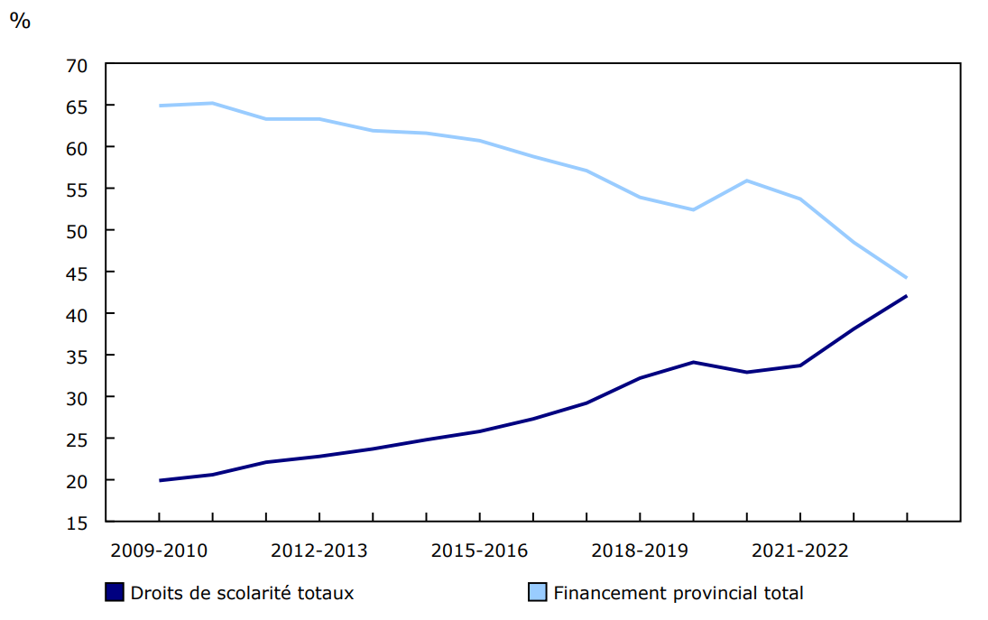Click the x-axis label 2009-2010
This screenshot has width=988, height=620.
159,551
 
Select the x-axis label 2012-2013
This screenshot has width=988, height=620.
319,551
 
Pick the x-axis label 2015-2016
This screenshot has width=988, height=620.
479,551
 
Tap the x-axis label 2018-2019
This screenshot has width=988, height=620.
640,551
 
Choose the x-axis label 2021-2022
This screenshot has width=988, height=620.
799,551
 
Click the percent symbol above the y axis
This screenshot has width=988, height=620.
20,21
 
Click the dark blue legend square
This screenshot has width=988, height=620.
115,593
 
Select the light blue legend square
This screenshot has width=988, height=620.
537,593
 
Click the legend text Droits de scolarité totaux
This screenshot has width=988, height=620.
242,593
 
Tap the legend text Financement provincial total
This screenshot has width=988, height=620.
678,593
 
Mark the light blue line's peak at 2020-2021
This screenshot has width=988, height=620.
747,180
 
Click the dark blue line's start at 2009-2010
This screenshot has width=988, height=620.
160,480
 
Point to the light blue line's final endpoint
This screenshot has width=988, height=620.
906,278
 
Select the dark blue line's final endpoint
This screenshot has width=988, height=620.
906,296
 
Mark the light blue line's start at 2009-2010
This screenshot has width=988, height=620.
160,106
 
